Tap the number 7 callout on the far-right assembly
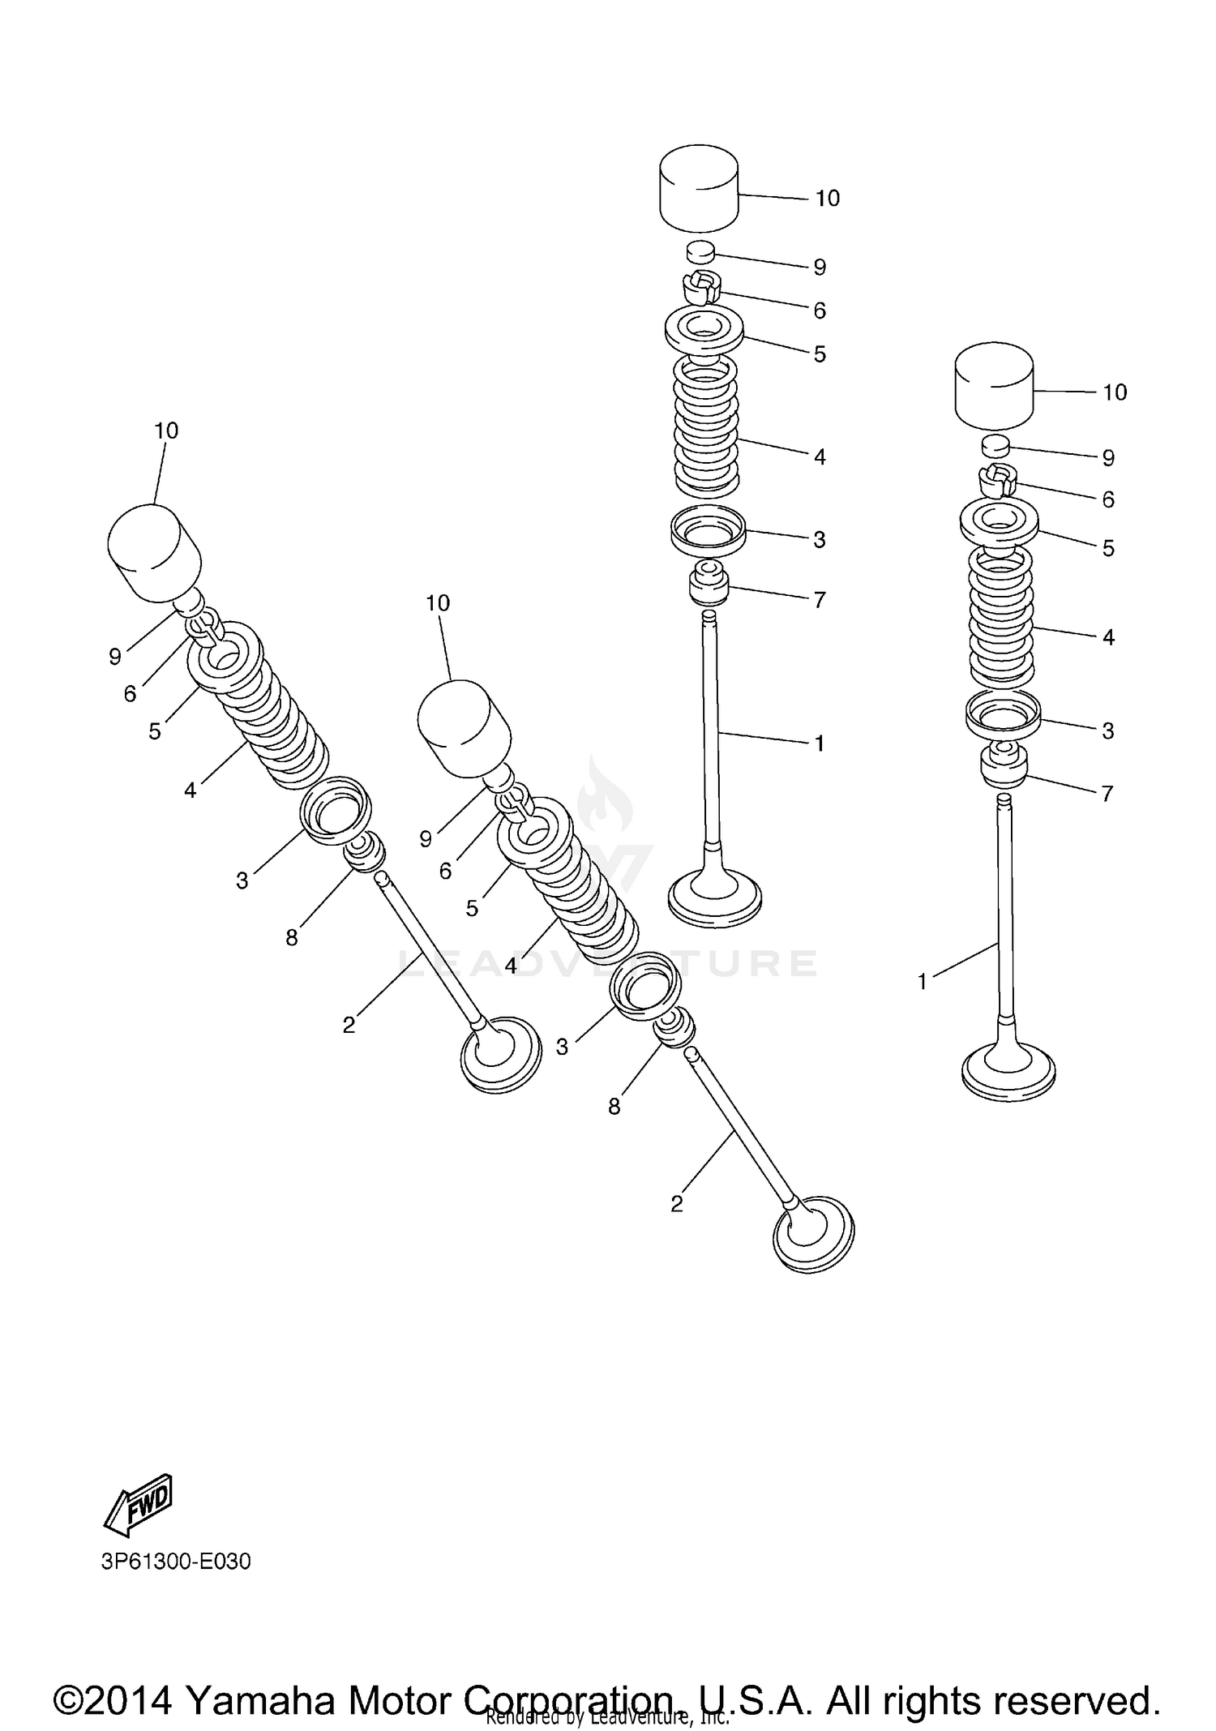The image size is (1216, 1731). (1107, 793)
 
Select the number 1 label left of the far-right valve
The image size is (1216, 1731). (922, 982)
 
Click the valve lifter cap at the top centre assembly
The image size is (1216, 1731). (699, 188)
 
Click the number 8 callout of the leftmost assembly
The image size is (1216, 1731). (292, 938)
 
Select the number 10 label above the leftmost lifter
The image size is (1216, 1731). (166, 431)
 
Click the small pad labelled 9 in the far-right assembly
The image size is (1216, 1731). (996, 447)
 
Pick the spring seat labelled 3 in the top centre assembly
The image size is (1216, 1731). (708, 531)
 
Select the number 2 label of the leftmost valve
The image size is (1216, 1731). (349, 1025)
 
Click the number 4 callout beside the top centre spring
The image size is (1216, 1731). (820, 457)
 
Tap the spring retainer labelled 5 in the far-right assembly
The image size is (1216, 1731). (1000, 521)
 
